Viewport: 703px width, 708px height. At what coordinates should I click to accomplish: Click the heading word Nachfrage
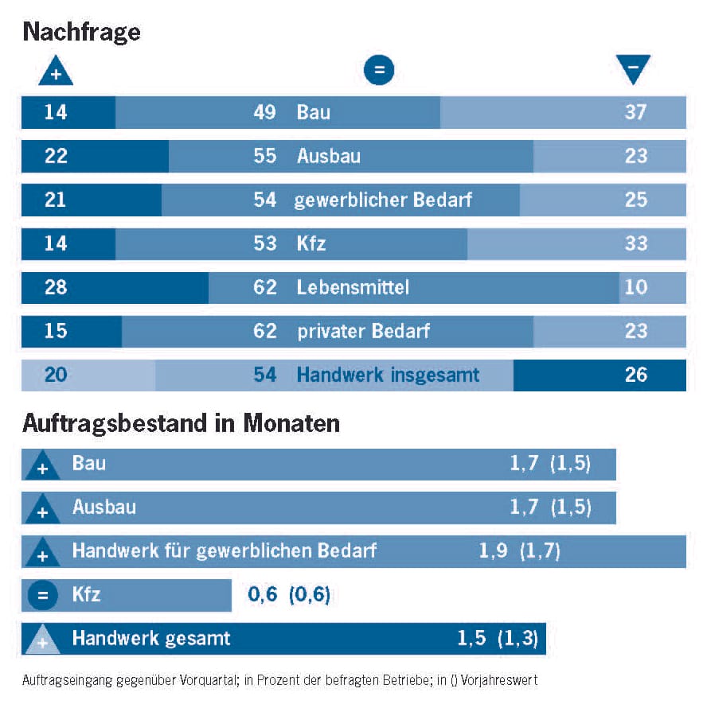(81, 32)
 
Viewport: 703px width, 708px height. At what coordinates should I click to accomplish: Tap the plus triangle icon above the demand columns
(56, 72)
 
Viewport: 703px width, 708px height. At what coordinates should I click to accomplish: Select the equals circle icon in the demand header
(379, 71)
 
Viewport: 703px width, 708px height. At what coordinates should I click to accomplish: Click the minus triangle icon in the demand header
(633, 70)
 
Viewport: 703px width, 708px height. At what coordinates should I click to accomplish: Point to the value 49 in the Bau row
(264, 112)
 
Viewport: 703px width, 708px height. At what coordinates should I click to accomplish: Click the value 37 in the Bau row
(635, 112)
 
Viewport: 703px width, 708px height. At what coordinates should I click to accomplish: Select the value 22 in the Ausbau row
(56, 156)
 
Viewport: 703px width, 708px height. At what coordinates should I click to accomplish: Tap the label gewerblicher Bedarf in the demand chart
(383, 199)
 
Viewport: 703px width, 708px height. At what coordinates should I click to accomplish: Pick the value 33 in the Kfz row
(635, 243)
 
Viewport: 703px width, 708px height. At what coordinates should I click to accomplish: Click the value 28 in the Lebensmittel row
(56, 286)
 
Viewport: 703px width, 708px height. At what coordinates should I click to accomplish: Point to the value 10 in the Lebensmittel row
(635, 286)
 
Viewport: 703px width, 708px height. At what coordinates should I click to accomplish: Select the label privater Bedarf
(363, 330)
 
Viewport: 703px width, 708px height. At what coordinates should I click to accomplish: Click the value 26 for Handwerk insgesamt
(635, 374)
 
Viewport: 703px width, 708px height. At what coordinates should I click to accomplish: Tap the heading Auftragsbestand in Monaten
(181, 423)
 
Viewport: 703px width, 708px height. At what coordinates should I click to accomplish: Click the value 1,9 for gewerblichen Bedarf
(494, 550)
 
